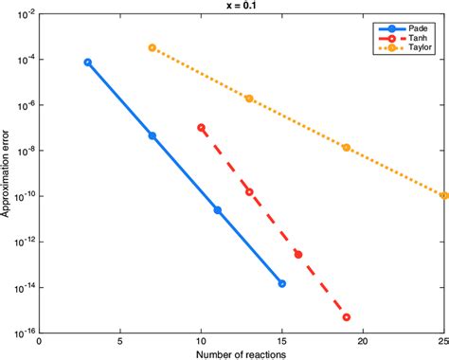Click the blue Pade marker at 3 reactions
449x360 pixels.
87,63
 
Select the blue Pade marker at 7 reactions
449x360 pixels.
152,135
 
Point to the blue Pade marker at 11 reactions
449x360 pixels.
217,209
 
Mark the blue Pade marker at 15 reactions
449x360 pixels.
281,283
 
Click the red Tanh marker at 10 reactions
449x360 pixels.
201,127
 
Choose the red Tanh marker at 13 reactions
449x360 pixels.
249,191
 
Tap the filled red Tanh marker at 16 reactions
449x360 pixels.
297,254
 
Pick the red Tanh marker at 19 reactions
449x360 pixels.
347,317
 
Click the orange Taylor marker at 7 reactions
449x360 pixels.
152,47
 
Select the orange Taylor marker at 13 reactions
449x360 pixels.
249,98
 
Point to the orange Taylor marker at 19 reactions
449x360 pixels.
347,148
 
